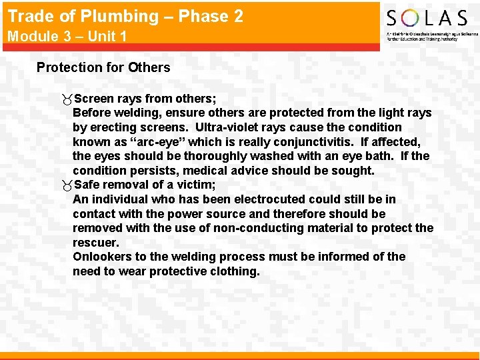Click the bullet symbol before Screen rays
(65, 99)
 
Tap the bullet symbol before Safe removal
(65, 185)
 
